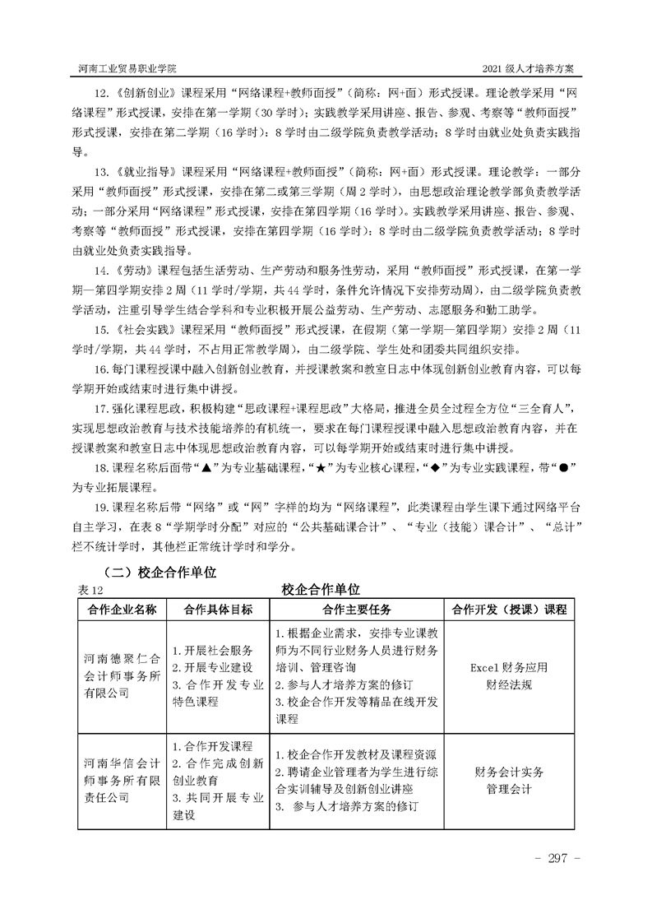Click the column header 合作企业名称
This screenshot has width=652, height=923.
tap(123, 610)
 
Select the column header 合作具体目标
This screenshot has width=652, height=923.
tap(219, 610)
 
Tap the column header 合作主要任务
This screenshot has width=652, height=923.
tap(356, 610)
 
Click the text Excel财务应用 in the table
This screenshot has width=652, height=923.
tap(508, 667)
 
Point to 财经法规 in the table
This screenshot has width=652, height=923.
tap(508, 684)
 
